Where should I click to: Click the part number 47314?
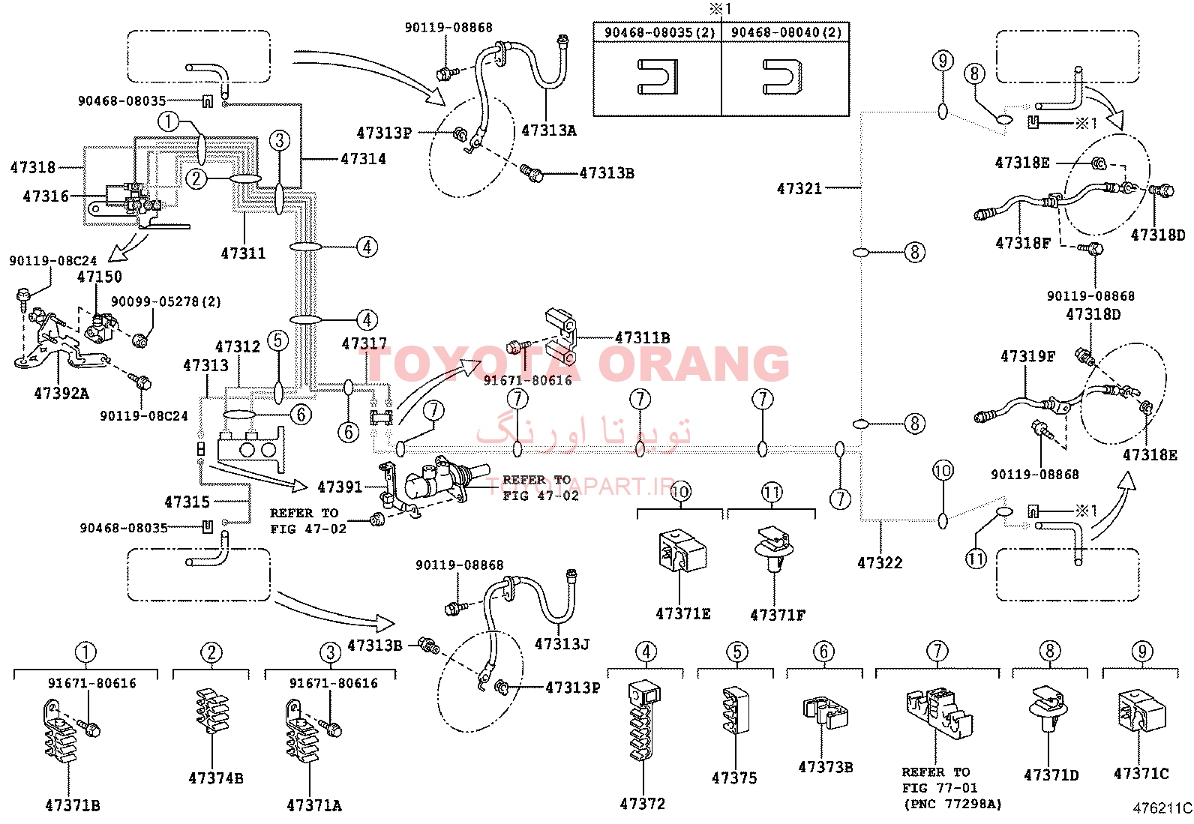(363, 159)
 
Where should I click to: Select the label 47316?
(46, 196)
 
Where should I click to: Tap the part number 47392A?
(61, 394)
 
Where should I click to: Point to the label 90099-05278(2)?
(166, 301)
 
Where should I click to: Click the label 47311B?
(642, 337)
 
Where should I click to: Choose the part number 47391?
(340, 487)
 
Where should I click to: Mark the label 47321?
(799, 188)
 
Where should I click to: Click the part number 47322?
(880, 562)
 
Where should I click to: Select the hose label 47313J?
(562, 644)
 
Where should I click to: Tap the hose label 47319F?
(1027, 355)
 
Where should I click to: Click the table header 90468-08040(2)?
(786, 32)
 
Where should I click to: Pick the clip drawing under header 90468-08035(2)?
(658, 76)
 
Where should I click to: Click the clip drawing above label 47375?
(736, 711)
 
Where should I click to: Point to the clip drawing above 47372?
(644, 721)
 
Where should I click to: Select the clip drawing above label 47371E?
(682, 550)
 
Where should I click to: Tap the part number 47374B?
(216, 778)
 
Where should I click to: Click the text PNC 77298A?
(953, 804)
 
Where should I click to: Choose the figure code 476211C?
(1162, 808)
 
